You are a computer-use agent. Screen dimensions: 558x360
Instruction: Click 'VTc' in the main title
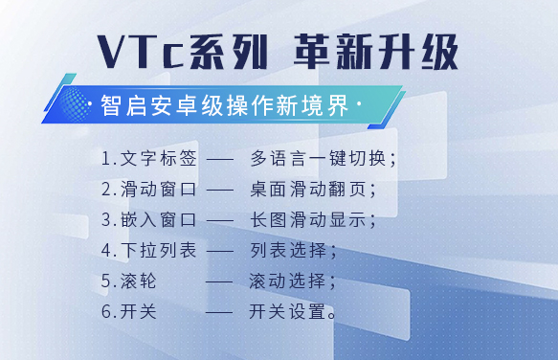click(x=140, y=52)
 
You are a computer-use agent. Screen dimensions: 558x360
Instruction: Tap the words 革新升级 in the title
click(x=376, y=52)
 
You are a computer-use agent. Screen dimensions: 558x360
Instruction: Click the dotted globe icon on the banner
click(x=74, y=104)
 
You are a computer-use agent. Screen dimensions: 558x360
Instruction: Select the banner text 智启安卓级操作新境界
click(x=225, y=105)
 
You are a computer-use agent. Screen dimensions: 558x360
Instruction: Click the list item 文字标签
click(x=158, y=158)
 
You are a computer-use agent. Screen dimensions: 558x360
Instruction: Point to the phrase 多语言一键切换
click(x=318, y=158)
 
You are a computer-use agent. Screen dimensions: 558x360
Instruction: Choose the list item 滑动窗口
click(x=158, y=189)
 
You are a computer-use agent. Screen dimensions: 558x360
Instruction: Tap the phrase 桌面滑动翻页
click(x=308, y=189)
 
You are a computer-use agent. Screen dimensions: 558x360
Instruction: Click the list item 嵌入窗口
click(x=158, y=219)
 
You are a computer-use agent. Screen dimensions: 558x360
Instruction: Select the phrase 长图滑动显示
click(x=308, y=219)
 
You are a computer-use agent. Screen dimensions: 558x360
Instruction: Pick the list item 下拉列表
click(x=158, y=250)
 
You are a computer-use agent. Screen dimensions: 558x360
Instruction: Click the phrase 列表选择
click(x=288, y=250)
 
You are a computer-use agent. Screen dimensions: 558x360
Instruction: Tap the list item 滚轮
click(x=138, y=281)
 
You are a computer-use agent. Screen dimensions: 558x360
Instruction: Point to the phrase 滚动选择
click(x=287, y=281)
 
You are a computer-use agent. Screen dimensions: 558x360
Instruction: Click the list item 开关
click(x=138, y=311)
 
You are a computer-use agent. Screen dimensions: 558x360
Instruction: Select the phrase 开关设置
click(x=287, y=311)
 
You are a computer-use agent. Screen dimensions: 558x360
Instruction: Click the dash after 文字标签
click(x=220, y=160)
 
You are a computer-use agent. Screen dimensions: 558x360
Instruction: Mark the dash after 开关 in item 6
click(x=219, y=313)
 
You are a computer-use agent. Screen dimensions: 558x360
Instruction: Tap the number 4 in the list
click(x=107, y=250)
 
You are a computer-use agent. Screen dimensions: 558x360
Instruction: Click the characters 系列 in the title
click(x=228, y=52)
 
